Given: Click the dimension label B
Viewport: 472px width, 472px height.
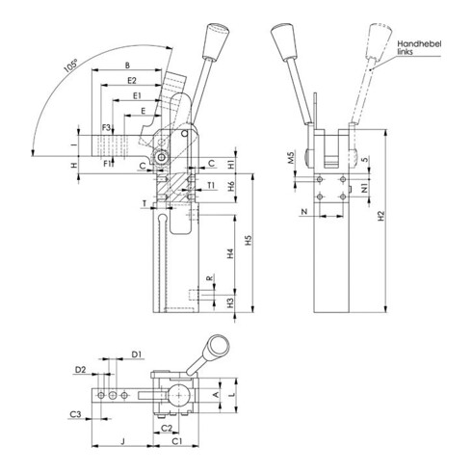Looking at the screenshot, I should tap(127, 66).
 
